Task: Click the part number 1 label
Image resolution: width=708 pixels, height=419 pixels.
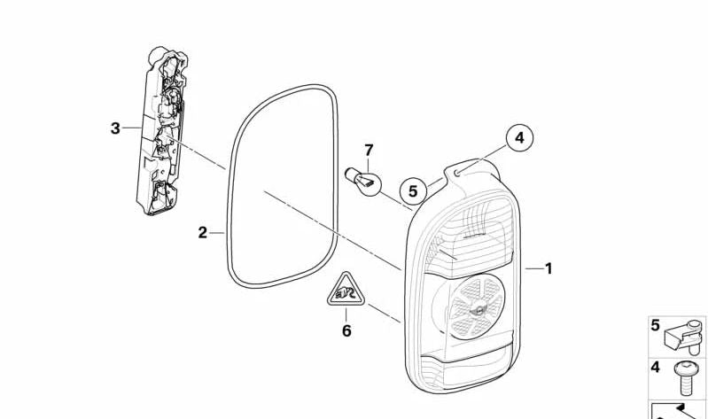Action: (549, 268)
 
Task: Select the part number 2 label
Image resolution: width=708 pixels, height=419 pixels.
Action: (203, 233)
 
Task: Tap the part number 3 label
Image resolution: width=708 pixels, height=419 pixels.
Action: (115, 128)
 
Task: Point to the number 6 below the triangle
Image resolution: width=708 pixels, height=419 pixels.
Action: (346, 331)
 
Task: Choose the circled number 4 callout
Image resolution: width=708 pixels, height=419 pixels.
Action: (519, 138)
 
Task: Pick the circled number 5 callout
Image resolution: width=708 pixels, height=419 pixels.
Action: (412, 190)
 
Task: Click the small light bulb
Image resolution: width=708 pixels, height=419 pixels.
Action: (365, 180)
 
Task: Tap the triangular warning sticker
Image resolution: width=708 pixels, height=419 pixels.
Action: (345, 291)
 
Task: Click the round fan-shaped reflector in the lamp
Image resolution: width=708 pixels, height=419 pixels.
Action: (470, 306)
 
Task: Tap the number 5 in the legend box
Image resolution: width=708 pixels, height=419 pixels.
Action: (656, 325)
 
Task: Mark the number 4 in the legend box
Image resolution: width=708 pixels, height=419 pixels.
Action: (656, 367)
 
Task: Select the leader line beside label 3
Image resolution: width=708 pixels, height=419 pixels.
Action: (132, 128)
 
